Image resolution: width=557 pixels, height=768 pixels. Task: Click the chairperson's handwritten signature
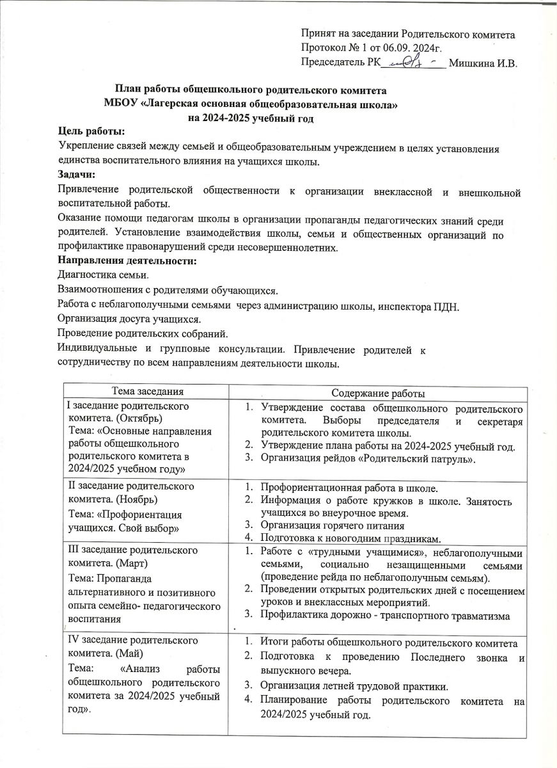click(x=412, y=61)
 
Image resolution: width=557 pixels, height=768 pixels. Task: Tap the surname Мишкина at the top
click(x=472, y=63)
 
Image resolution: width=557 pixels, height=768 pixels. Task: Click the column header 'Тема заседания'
click(x=148, y=391)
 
